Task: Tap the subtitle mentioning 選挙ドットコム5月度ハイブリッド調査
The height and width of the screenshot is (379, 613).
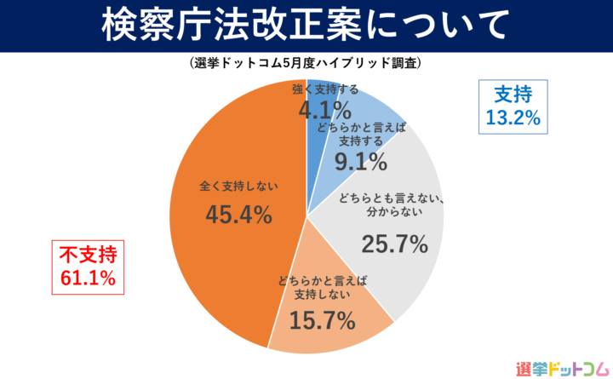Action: [x=306, y=64]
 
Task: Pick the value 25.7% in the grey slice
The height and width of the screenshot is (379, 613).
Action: [x=394, y=244]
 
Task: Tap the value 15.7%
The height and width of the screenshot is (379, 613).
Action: [x=323, y=320]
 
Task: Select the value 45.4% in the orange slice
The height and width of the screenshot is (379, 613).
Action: [x=239, y=215]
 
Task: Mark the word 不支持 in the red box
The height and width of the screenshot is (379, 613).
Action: [x=88, y=253]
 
